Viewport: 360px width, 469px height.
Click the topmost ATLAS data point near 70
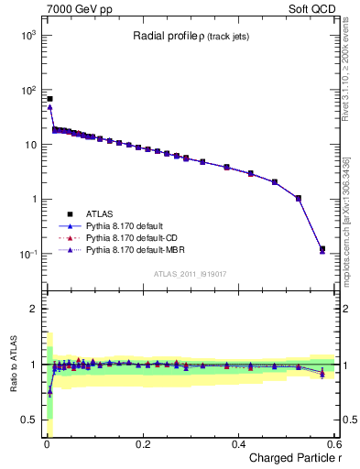(x=49, y=99)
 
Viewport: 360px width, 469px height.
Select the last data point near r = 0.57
(x=322, y=248)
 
